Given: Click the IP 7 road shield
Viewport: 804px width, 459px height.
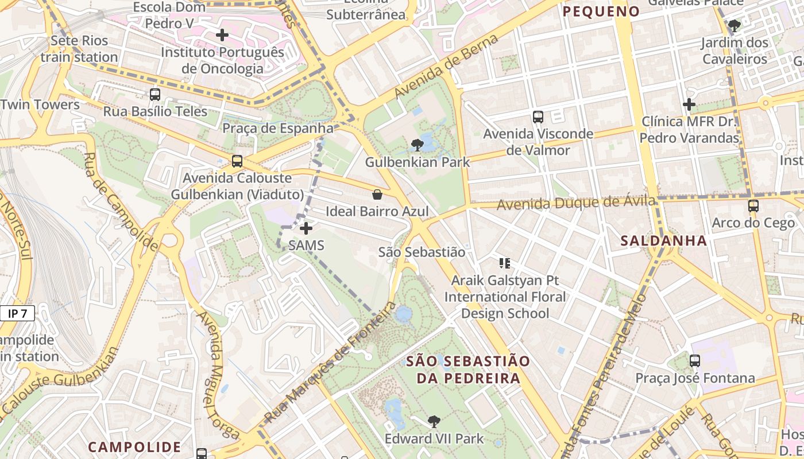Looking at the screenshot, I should [17, 313].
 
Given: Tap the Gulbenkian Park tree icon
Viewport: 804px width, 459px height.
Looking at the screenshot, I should [418, 145].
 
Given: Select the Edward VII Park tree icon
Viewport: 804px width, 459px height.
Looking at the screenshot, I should [434, 422].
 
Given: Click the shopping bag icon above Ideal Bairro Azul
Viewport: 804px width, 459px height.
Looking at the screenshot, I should [377, 195].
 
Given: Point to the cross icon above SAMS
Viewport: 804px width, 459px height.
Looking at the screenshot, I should [306, 228].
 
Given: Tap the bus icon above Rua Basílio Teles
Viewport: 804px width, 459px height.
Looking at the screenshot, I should [155, 95].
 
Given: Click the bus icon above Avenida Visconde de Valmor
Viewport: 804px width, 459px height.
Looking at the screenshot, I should [538, 117].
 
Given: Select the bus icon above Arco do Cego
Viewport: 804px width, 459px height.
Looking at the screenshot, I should [753, 206].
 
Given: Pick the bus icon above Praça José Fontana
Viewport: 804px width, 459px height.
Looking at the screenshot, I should [695, 361].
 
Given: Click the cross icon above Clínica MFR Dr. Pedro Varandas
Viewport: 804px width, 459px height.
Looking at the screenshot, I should [689, 104].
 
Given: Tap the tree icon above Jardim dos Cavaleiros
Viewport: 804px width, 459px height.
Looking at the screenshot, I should [735, 26].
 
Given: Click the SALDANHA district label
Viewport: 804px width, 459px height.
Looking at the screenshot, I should [663, 241].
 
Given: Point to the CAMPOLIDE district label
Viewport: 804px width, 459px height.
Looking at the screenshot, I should [134, 446].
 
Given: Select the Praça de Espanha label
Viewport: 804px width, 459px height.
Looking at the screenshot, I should [277, 128].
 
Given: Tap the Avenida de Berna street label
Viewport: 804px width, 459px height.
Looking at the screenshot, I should [445, 64].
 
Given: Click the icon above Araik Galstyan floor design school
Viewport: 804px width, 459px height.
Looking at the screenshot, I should [505, 263].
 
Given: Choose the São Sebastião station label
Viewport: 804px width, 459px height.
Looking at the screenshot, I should [422, 252].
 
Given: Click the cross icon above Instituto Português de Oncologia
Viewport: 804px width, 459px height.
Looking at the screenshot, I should [222, 36].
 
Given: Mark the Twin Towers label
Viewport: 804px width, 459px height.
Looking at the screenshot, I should [40, 104].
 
